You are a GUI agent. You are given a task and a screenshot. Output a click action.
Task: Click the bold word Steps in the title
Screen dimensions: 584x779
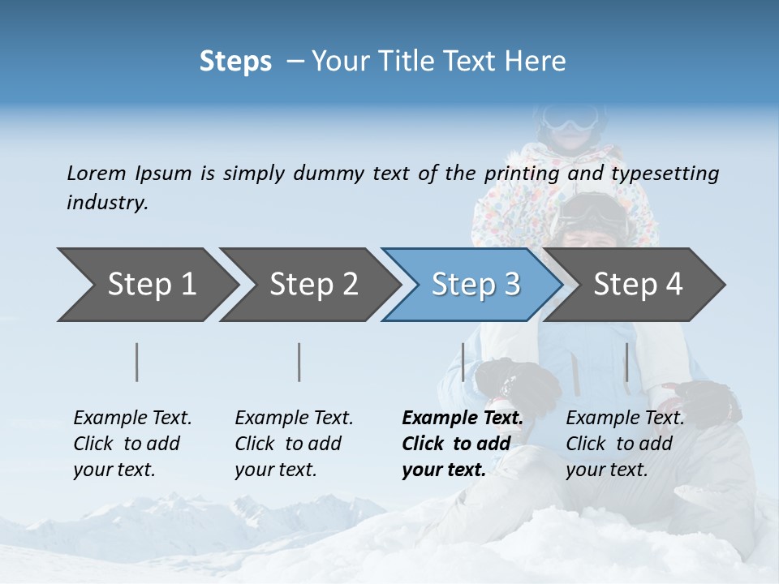tap(235, 61)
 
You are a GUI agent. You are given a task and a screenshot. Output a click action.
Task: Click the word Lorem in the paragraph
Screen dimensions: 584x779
tap(97, 173)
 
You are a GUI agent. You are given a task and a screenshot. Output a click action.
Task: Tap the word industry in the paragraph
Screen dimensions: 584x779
tap(107, 202)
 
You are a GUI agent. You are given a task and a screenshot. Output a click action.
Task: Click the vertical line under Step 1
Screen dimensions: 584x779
tap(137, 362)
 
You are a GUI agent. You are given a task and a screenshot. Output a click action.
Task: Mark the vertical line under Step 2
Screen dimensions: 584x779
tap(299, 362)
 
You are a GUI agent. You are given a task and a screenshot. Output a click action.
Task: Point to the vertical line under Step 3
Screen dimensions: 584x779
tap(463, 362)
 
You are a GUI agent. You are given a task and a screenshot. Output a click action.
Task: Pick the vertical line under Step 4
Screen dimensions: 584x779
tap(626, 362)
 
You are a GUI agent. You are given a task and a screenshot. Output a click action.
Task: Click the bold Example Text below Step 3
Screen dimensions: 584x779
tap(463, 419)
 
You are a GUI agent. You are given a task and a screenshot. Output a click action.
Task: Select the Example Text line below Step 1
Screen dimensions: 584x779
tap(132, 419)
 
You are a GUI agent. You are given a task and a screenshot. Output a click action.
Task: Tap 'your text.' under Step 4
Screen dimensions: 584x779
tap(606, 470)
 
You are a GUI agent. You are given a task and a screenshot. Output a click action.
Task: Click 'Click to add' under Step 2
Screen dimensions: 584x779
tap(288, 444)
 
